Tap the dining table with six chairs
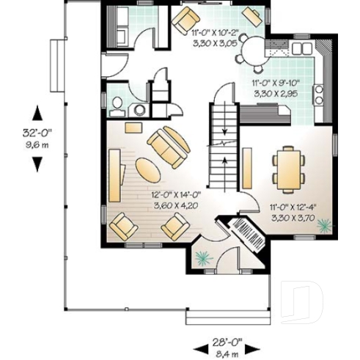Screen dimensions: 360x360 click(287, 168)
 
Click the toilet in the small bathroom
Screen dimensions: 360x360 click(117, 106)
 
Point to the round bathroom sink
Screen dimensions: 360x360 click(137, 109)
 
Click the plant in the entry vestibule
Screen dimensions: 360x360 click(203, 257)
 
